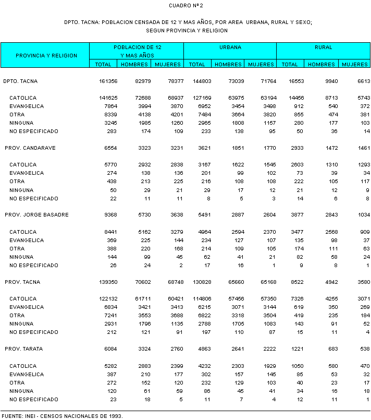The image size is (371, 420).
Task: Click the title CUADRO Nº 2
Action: (x=186, y=5)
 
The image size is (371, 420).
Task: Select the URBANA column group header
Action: (x=230, y=47)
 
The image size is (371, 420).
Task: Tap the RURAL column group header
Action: (x=323, y=47)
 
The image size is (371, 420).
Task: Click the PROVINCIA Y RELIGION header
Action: (x=46, y=55)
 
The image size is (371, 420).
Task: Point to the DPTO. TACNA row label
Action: (x=20, y=81)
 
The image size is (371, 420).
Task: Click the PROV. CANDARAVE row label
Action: (x=30, y=148)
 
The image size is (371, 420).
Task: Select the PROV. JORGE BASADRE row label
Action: (x=36, y=215)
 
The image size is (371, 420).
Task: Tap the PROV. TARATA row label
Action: (x=26, y=349)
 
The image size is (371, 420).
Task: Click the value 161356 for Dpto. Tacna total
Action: (x=108, y=81)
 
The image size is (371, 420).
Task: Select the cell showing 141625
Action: (x=108, y=98)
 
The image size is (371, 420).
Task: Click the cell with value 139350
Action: (x=108, y=282)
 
